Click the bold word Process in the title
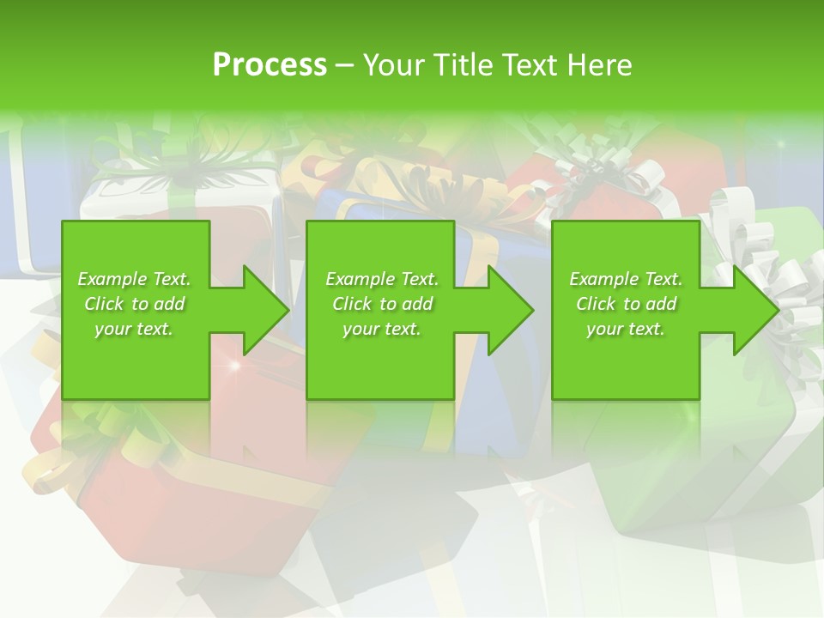click(270, 65)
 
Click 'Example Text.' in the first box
click(134, 279)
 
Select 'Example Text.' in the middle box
click(382, 279)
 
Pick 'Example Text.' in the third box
click(626, 279)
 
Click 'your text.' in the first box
click(134, 329)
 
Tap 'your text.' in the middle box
click(382, 329)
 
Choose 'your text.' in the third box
click(626, 329)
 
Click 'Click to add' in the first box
click(134, 304)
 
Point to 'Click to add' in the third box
click(626, 304)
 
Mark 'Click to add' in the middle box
click(382, 304)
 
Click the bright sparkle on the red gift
click(233, 367)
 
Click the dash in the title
click(345, 65)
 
